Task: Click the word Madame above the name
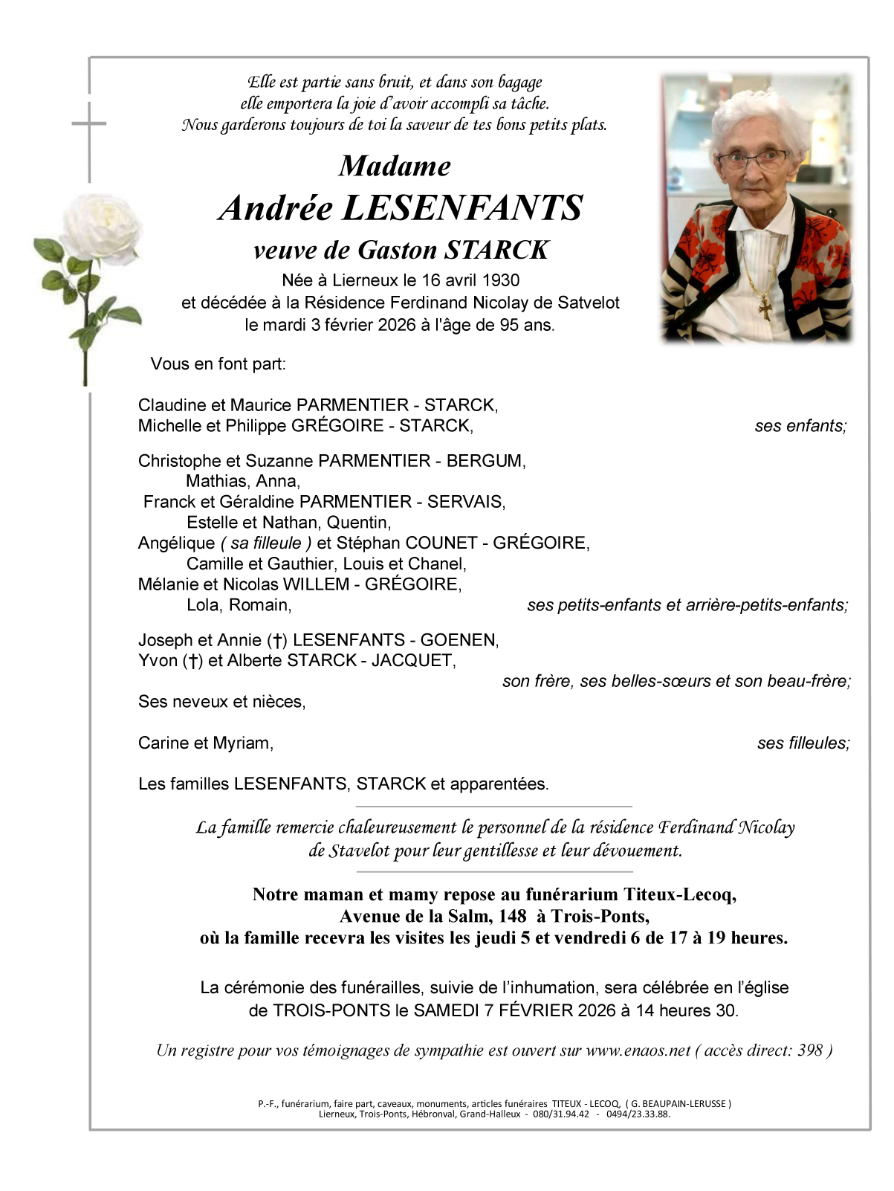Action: (x=395, y=166)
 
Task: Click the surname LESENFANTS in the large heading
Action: (x=462, y=208)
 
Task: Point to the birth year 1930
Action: (x=501, y=280)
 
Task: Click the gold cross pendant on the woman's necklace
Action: (x=765, y=306)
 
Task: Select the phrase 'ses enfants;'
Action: (x=800, y=426)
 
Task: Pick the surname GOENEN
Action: (x=459, y=640)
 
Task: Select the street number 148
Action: (x=512, y=916)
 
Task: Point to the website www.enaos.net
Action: (x=638, y=1050)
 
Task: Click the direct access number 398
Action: (x=810, y=1050)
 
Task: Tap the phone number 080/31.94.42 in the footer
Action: (x=561, y=1114)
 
